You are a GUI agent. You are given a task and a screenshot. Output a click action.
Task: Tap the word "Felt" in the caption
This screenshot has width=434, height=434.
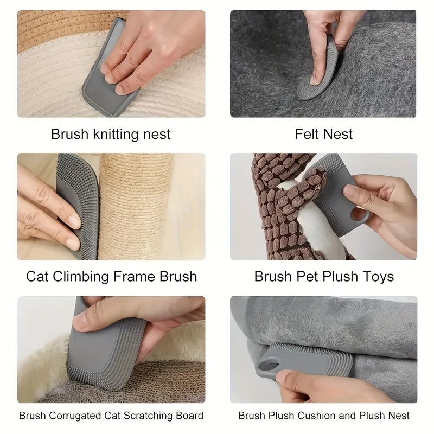(x=307, y=133)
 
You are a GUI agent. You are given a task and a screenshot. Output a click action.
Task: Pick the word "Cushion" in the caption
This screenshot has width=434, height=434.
(x=311, y=416)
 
